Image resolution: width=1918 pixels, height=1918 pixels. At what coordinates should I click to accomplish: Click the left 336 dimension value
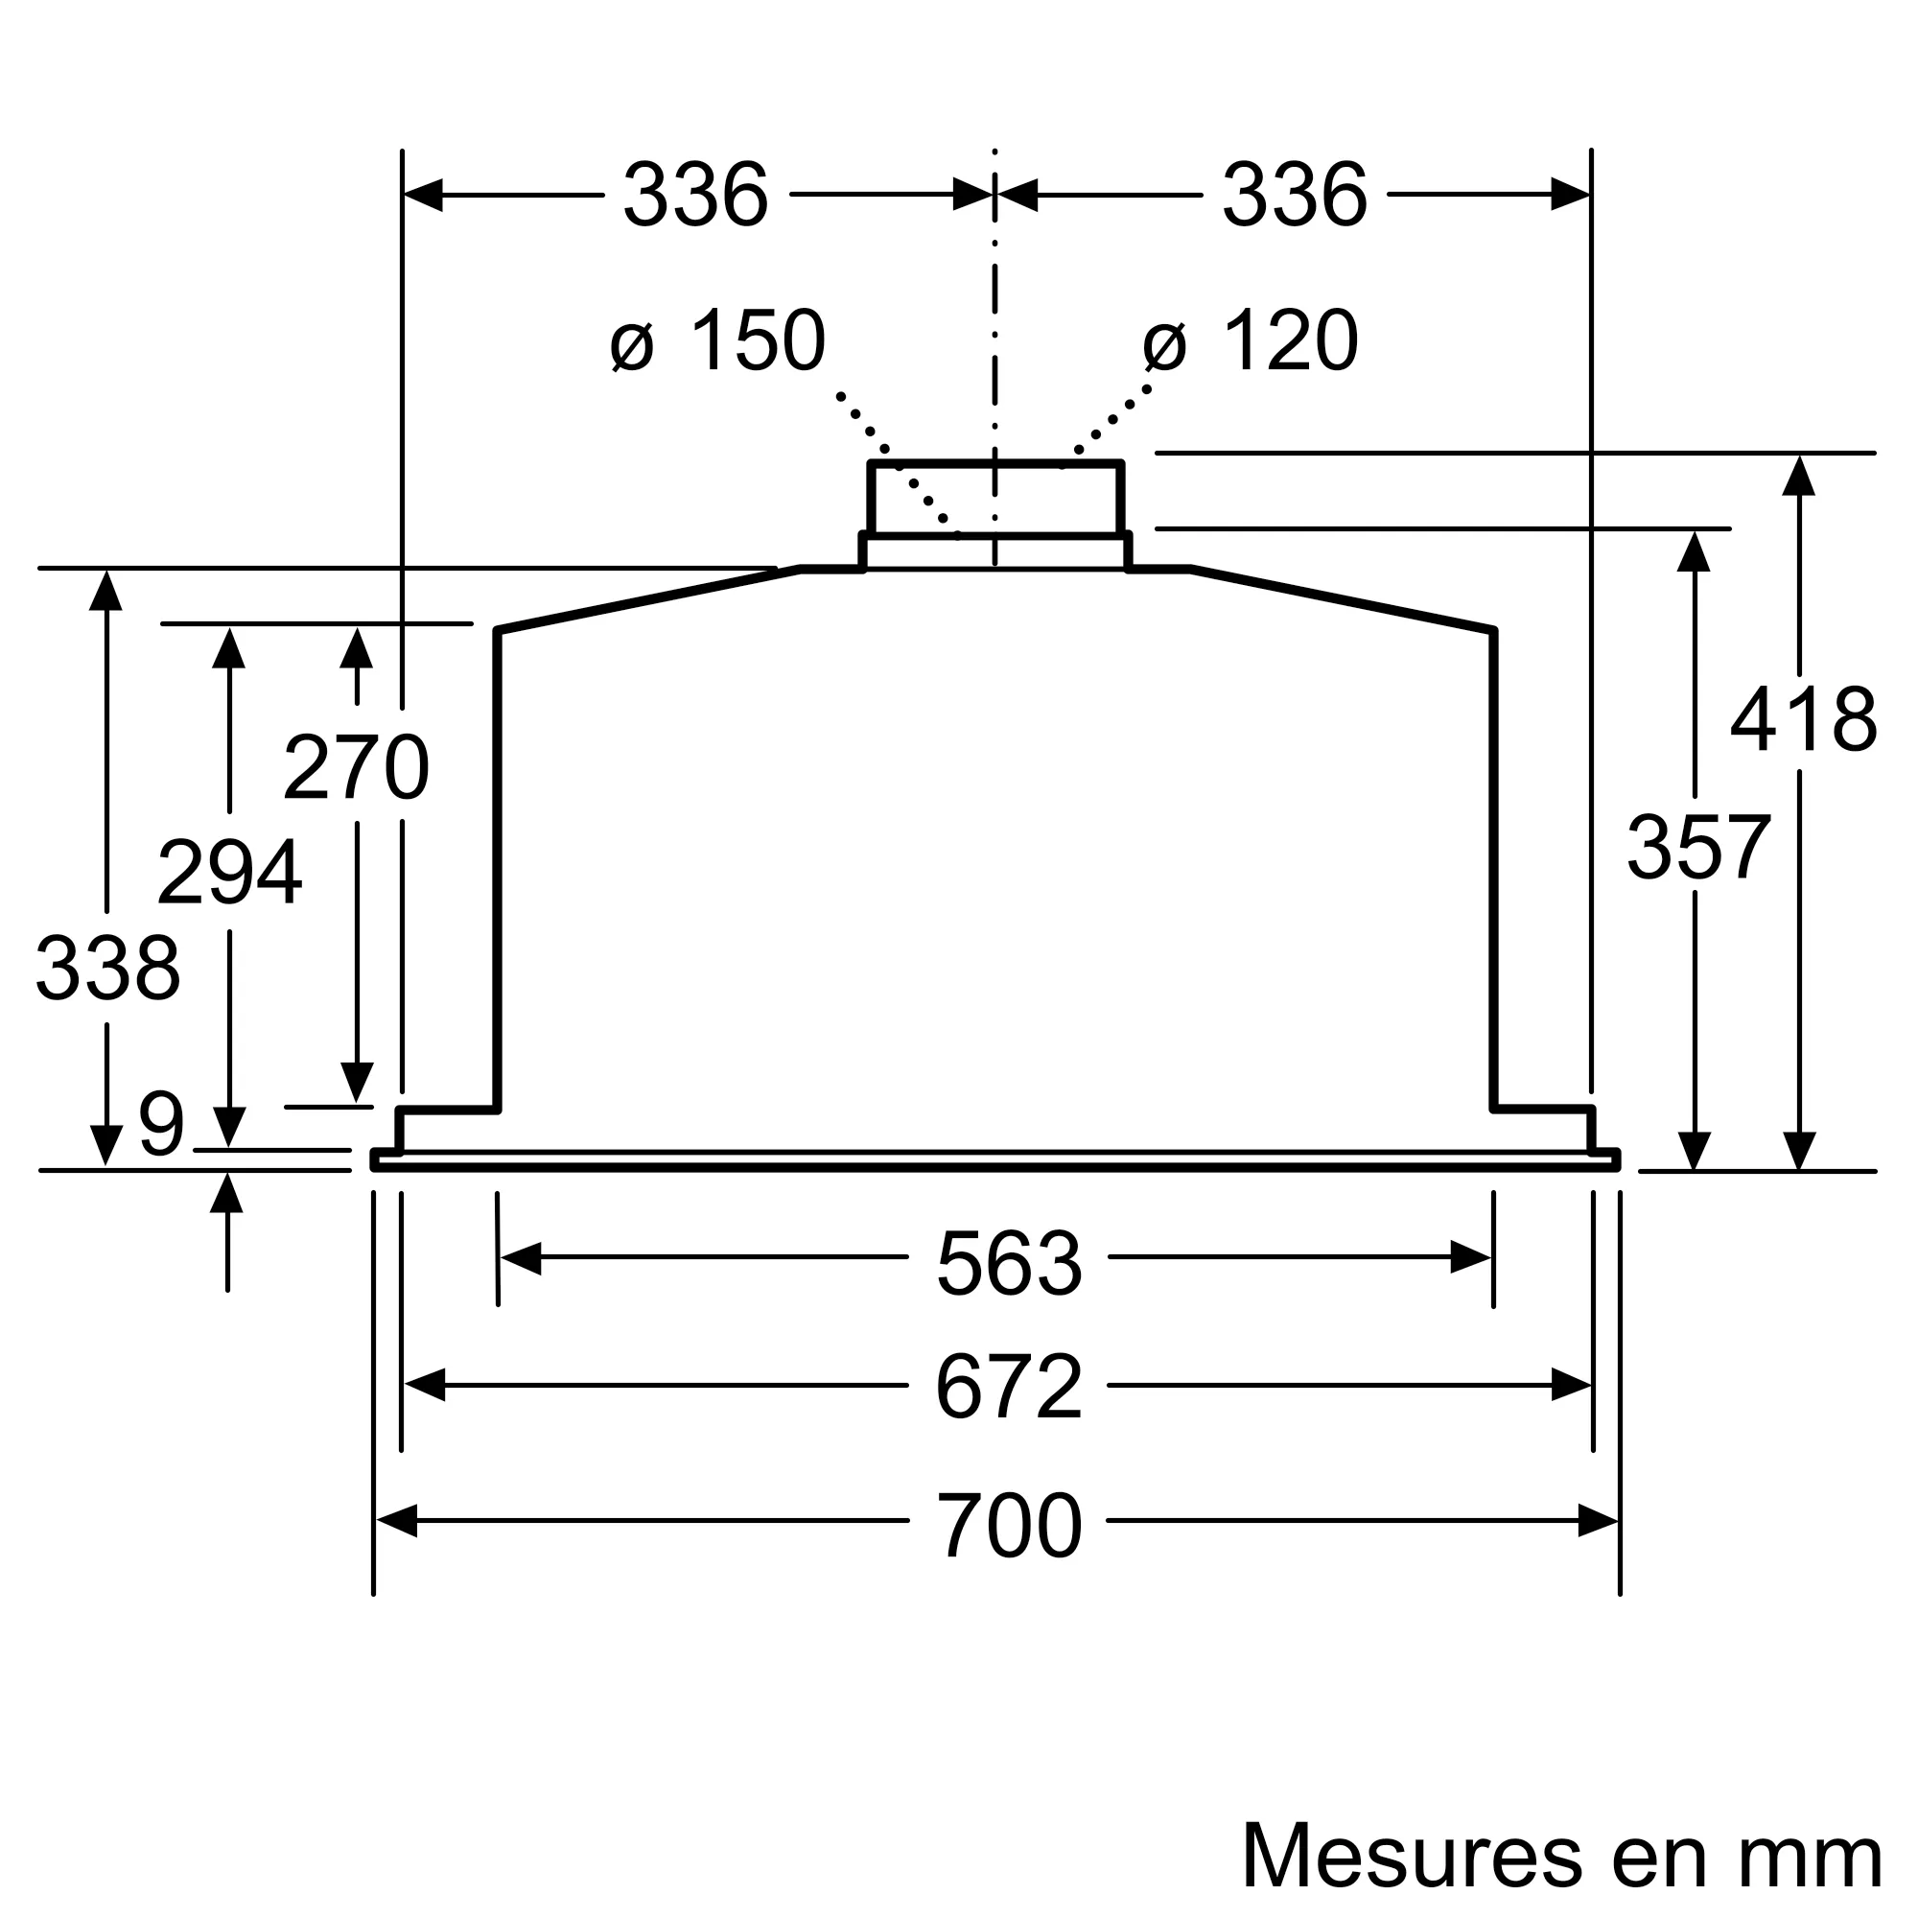[x=695, y=195]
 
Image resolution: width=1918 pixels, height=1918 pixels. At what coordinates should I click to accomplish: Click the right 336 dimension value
[x=1294, y=195]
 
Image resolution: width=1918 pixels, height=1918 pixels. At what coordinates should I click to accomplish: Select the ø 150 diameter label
[x=717, y=341]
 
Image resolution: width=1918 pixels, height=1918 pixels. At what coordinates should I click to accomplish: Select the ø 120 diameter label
[x=1250, y=341]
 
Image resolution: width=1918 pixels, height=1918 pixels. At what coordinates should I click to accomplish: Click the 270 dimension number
[x=356, y=767]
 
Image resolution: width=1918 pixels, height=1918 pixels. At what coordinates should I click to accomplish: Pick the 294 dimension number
[x=229, y=873]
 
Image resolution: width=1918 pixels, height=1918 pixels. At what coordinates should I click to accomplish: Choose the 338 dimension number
[x=107, y=969]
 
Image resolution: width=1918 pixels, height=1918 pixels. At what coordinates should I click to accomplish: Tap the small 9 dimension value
[x=161, y=1125]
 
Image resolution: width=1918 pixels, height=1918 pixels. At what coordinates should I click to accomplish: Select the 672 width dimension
[x=1009, y=1388]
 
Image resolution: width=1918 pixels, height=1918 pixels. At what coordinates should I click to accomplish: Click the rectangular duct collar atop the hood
[x=994, y=500]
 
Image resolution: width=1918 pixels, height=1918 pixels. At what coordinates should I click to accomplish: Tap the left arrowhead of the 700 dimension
[x=396, y=1521]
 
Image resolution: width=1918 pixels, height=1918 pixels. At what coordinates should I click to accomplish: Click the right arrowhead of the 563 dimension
[x=1470, y=1258]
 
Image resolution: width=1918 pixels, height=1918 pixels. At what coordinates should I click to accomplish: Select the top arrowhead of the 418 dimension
[x=1798, y=476]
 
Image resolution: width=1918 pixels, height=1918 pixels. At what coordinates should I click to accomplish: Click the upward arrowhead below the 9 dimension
[x=227, y=1194]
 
